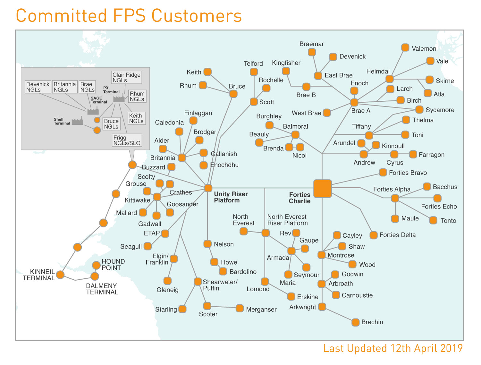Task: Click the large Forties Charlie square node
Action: click(322, 188)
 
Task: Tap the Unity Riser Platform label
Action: click(231, 197)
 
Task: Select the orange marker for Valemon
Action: click(405, 47)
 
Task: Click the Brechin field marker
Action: click(355, 322)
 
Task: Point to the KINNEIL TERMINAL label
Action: click(39, 275)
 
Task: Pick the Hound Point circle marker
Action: click(96, 265)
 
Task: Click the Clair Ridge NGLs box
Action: click(126, 77)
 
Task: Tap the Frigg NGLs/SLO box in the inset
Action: click(127, 140)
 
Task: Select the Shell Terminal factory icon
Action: click(77, 122)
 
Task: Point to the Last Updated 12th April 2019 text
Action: click(392, 348)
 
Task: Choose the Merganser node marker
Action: click(239, 308)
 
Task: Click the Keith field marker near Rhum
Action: click(207, 72)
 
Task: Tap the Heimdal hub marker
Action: click(389, 79)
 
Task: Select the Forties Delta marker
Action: click(373, 235)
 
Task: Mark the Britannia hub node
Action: click(181, 157)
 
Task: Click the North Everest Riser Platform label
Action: click(287, 220)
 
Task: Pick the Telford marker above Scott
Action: click(254, 72)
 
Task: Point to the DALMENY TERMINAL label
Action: click(102, 289)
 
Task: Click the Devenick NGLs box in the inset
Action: click(38, 87)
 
